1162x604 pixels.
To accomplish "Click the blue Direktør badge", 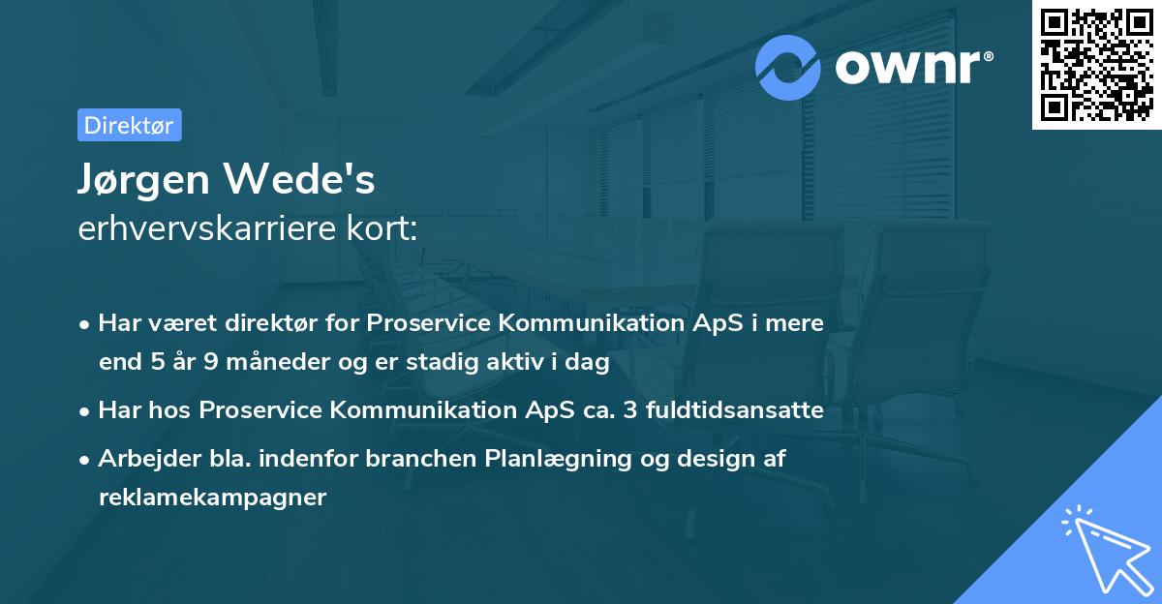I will [x=129, y=125].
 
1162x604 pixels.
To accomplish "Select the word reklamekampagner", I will [x=212, y=498].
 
